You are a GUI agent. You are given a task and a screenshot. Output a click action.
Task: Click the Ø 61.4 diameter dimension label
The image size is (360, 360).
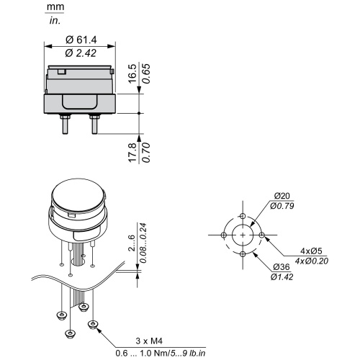[x=81, y=40]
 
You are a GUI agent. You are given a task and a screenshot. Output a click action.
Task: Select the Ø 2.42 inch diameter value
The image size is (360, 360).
[x=81, y=53]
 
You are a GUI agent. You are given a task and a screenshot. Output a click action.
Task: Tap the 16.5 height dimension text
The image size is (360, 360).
[x=132, y=73]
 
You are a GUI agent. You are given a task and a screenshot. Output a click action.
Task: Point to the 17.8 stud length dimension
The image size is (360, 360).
[x=132, y=153]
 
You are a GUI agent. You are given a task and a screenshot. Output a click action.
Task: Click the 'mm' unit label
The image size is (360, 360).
[x=55, y=6]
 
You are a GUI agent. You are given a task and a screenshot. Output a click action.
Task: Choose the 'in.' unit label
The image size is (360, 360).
[x=55, y=21]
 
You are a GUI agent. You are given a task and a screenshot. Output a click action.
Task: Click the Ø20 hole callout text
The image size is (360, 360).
[x=282, y=196]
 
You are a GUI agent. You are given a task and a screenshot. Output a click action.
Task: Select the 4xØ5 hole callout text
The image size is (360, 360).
[x=311, y=251]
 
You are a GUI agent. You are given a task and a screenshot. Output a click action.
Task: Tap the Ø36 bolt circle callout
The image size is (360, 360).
[x=282, y=266]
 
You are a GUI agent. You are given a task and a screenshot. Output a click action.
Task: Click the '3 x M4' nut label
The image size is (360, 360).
[x=149, y=341]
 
